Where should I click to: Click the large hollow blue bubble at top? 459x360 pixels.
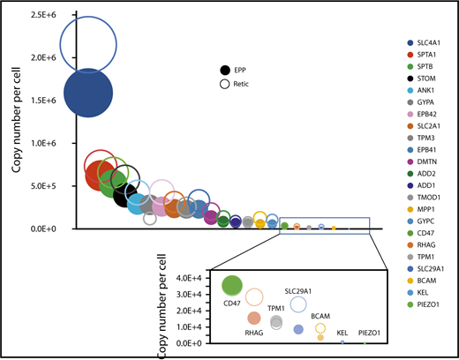(x=88, y=44)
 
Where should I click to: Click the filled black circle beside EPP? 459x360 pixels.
(x=227, y=71)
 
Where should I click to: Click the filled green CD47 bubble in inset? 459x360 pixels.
(x=232, y=285)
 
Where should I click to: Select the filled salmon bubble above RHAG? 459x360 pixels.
(x=253, y=318)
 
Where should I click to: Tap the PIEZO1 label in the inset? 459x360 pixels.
(x=369, y=333)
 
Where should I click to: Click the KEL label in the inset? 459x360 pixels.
(x=342, y=333)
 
